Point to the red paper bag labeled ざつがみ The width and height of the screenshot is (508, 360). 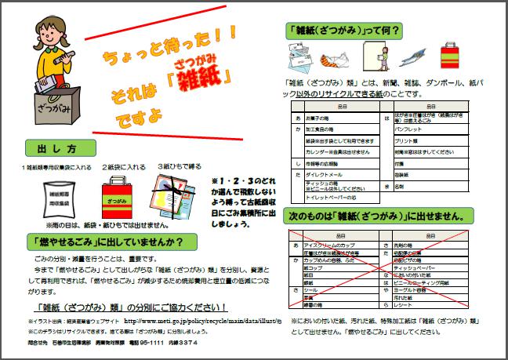[112, 200]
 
